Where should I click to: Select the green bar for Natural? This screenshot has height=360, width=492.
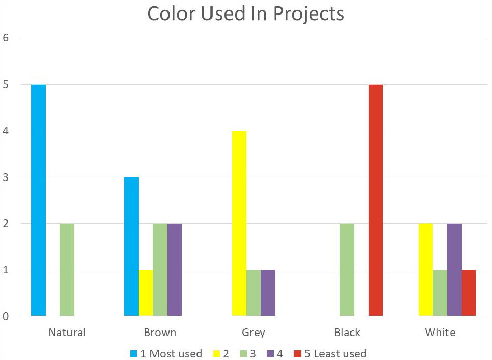[67, 270]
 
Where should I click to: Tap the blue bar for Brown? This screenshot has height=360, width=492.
[132, 246]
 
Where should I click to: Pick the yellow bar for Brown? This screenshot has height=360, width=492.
[146, 293]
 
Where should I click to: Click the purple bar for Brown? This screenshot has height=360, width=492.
[175, 270]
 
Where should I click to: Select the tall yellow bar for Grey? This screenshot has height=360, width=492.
[239, 223]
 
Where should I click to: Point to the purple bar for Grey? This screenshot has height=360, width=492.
[268, 293]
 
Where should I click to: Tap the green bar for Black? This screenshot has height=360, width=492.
[346, 270]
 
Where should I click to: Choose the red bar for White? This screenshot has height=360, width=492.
[469, 293]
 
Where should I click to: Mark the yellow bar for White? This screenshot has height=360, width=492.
[426, 270]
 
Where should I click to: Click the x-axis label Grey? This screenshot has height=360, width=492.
[254, 333]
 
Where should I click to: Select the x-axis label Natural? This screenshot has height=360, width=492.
[67, 333]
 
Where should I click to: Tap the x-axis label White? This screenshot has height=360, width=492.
[440, 333]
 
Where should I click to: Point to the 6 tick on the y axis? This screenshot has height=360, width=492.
[7, 38]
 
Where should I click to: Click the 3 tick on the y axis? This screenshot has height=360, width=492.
[7, 177]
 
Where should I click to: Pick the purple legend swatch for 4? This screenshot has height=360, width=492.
[268, 354]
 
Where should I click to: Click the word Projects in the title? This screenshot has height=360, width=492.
[308, 14]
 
